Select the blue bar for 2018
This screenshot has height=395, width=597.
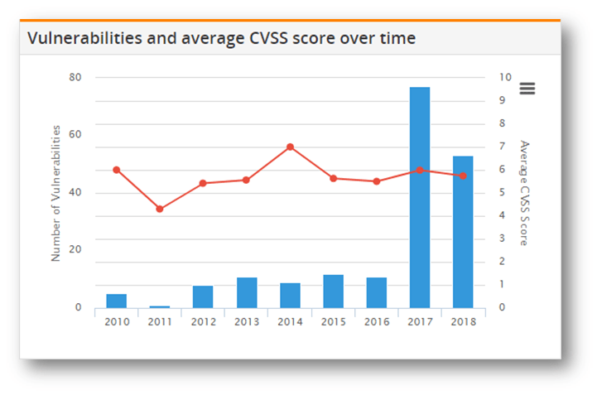[x=463, y=232]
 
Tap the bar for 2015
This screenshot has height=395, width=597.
[x=334, y=291]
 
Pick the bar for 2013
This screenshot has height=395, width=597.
[x=247, y=292]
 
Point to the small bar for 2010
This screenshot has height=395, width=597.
[x=117, y=301]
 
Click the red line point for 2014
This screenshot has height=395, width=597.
[x=290, y=147]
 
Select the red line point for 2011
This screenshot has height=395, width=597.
[x=160, y=209]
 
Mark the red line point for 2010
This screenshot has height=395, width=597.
[x=117, y=170]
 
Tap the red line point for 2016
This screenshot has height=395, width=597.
[x=377, y=181]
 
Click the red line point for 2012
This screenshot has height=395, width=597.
[x=203, y=183]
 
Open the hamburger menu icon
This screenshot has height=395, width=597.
[x=527, y=88]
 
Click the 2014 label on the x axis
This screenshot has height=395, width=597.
[x=290, y=322]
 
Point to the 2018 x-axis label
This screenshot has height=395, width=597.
[x=463, y=322]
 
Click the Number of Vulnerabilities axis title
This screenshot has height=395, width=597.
[x=56, y=193]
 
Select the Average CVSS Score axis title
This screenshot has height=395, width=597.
[x=523, y=193]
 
